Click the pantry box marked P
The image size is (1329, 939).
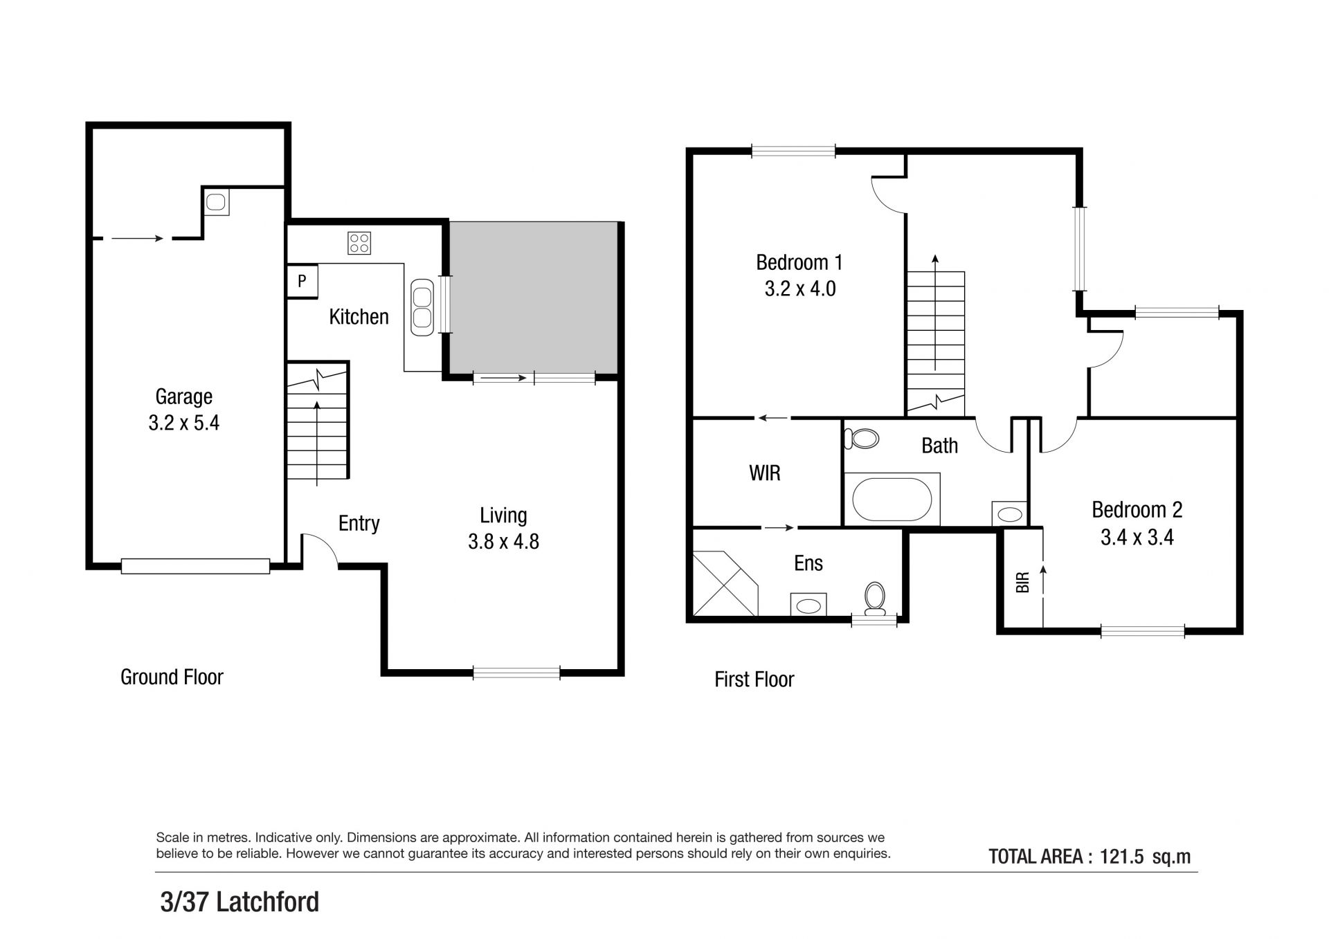click(x=302, y=282)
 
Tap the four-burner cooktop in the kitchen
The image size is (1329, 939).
click(x=359, y=243)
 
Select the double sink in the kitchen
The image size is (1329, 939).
click(x=422, y=307)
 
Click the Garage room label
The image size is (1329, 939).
click(x=183, y=396)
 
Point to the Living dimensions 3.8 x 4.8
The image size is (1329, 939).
click(x=503, y=541)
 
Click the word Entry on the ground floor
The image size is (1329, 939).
click(x=359, y=524)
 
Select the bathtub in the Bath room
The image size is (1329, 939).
click(x=892, y=499)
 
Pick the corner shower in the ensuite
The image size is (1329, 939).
click(x=725, y=583)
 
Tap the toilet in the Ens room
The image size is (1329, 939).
click(x=875, y=598)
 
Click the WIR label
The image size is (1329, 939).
click(x=765, y=473)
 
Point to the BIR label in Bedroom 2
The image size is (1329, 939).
click(x=1023, y=582)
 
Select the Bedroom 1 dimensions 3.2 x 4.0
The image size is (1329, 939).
click(x=800, y=289)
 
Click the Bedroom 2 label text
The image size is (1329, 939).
click(x=1137, y=510)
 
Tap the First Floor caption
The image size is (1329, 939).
click(x=754, y=680)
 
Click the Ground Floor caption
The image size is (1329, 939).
click(x=172, y=677)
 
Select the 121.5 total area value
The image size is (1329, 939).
click(x=1120, y=857)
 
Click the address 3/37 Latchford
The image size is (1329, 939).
click(x=239, y=902)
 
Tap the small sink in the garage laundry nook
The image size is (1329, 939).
click(x=216, y=202)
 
